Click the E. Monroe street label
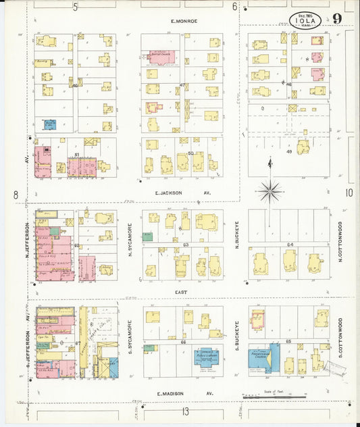(184, 21)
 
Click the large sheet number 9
(336, 18)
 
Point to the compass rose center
(269, 191)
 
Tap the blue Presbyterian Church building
(264, 357)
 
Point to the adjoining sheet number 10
(349, 193)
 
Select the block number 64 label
(290, 245)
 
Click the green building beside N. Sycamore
(147, 237)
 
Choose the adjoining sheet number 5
(76, 7)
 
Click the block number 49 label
(288, 152)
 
